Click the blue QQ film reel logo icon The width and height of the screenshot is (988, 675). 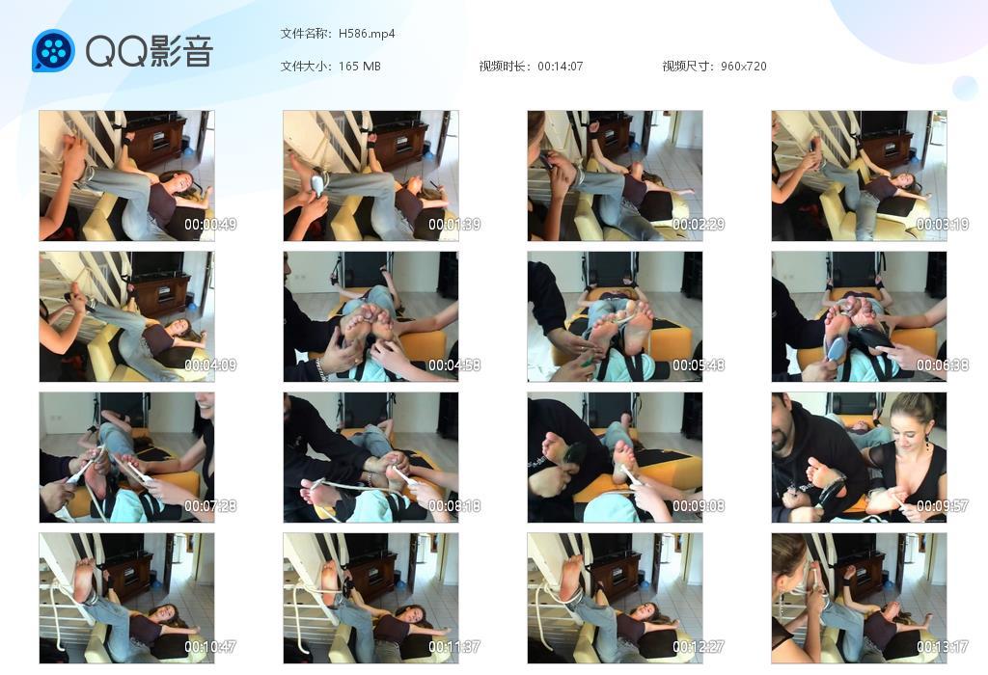point(53,51)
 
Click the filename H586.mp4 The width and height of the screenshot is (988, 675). point(367,34)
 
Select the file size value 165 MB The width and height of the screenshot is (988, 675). point(360,67)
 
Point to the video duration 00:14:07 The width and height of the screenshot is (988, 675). point(560,67)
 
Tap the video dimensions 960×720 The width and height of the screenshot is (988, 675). point(743,67)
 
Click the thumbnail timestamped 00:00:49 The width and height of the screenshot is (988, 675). point(126,175)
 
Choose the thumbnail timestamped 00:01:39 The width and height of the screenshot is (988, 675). point(370,175)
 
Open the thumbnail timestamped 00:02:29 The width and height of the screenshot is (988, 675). point(615,175)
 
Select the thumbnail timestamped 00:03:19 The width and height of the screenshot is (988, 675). point(859,175)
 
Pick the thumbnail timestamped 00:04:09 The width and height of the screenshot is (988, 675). point(126,316)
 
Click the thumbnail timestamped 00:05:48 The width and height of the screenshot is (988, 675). point(615,316)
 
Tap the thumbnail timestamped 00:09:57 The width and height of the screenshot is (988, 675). point(859,457)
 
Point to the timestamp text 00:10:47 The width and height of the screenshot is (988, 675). point(210,647)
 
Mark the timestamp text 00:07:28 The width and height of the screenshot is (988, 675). point(210,506)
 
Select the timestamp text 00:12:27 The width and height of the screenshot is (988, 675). point(699,647)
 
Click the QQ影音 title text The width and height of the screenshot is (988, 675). point(149,51)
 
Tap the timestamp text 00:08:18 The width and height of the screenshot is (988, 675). point(454,506)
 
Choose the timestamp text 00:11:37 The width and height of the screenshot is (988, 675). point(454,647)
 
